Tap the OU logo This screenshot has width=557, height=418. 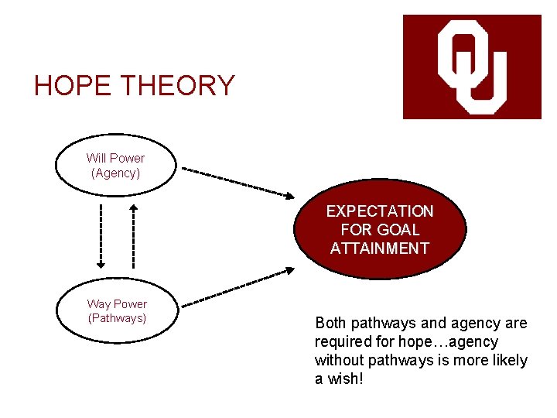click(472, 67)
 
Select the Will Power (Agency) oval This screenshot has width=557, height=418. click(115, 166)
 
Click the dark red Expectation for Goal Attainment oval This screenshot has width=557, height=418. click(380, 229)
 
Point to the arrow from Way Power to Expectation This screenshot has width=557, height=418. click(237, 286)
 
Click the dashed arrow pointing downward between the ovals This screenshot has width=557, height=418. click(101, 235)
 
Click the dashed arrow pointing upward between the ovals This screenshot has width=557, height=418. click(133, 235)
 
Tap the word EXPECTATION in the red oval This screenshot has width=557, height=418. click(380, 211)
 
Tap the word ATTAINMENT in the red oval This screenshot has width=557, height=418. click(380, 248)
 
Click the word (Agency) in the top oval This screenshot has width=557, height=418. click(116, 173)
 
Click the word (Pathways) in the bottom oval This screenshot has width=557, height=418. click(118, 318)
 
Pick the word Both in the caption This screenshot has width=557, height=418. click(331, 323)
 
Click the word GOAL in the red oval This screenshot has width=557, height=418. click(397, 230)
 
